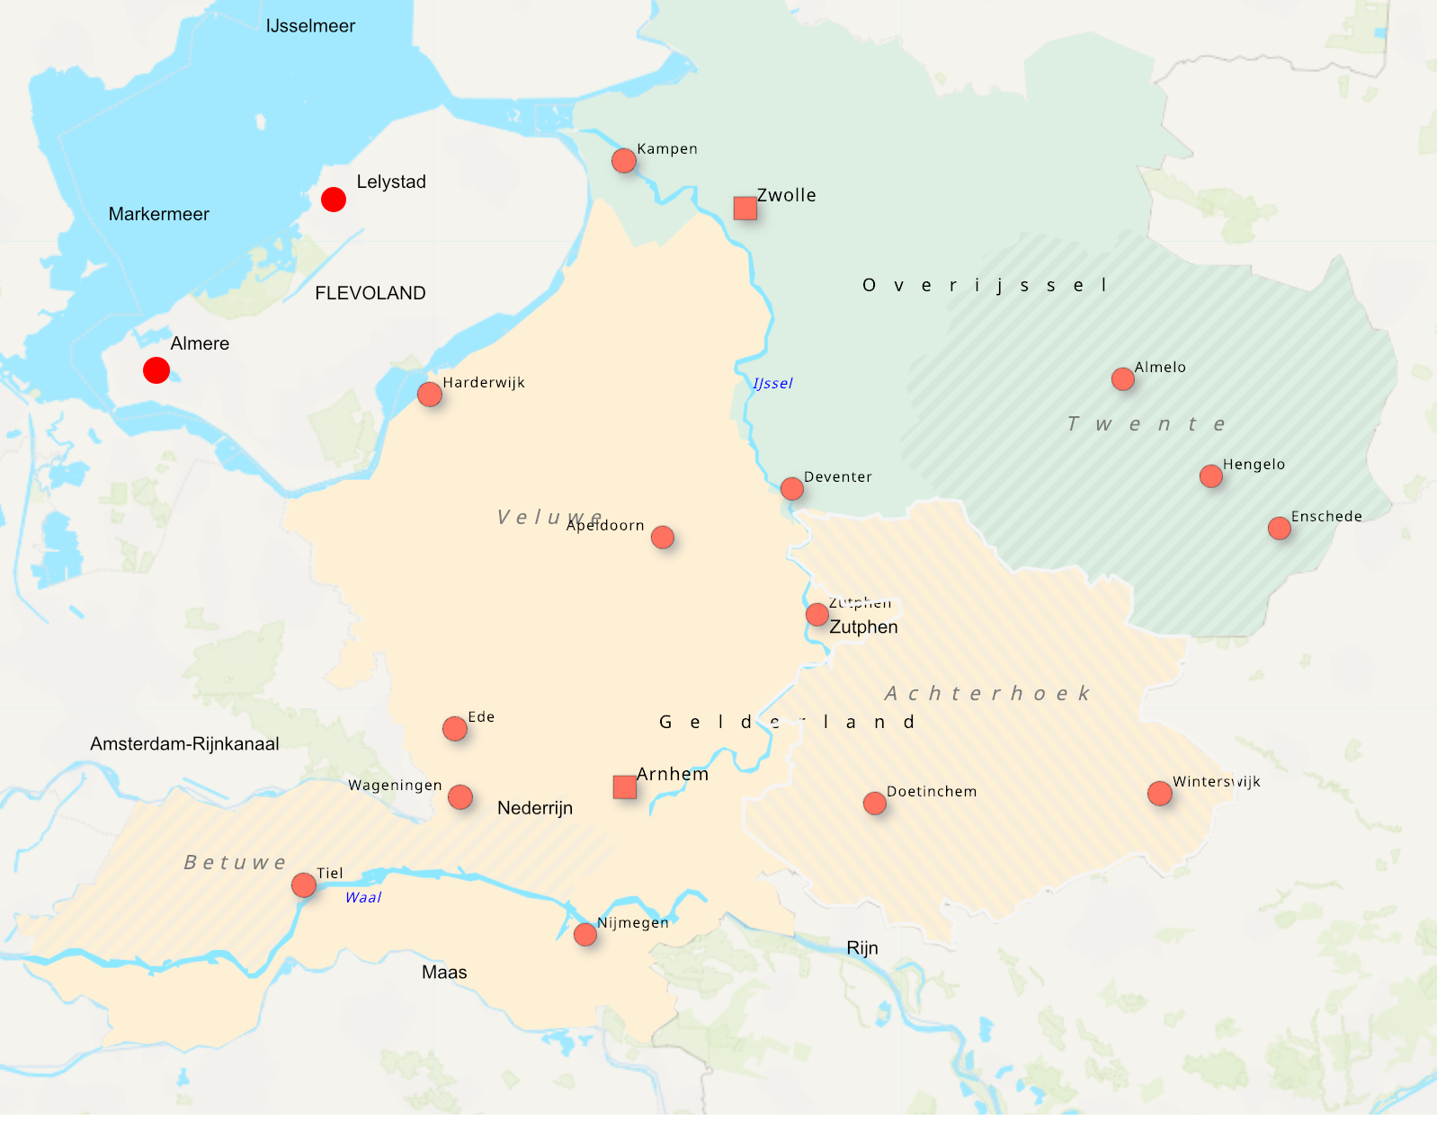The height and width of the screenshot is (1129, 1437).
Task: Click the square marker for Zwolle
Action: pos(745,209)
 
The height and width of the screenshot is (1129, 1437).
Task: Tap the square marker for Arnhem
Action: pos(625,787)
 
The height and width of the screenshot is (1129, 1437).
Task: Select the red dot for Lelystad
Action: pos(334,200)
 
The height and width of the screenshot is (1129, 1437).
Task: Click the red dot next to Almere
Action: pos(156,370)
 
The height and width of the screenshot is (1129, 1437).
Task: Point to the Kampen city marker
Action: pos(624,161)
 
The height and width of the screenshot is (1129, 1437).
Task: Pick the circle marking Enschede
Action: pos(1280,529)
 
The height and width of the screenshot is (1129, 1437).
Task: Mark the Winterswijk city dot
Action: pos(1160,794)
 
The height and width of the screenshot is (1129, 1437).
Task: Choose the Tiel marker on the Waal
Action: pos(304,885)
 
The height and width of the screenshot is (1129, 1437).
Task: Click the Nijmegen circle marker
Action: pos(585,935)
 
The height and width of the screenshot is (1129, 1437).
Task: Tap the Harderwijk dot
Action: pos(430,395)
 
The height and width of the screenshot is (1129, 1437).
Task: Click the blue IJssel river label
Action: pos(772,384)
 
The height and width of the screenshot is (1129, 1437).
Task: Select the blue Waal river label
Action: pos(363,898)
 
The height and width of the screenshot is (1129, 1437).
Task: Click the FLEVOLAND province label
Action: pos(370,293)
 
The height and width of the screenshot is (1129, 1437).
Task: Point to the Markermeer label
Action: pos(159,214)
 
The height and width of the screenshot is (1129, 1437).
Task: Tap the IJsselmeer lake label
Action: pos(310,26)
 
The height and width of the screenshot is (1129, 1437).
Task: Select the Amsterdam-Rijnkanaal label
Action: pos(184,743)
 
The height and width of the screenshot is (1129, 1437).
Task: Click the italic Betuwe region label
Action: pos(235,863)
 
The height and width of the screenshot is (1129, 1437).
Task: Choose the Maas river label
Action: pos(444,973)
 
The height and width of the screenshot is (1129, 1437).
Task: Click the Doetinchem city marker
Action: pos(875,804)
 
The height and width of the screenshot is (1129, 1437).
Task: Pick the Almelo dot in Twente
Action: pos(1123,379)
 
